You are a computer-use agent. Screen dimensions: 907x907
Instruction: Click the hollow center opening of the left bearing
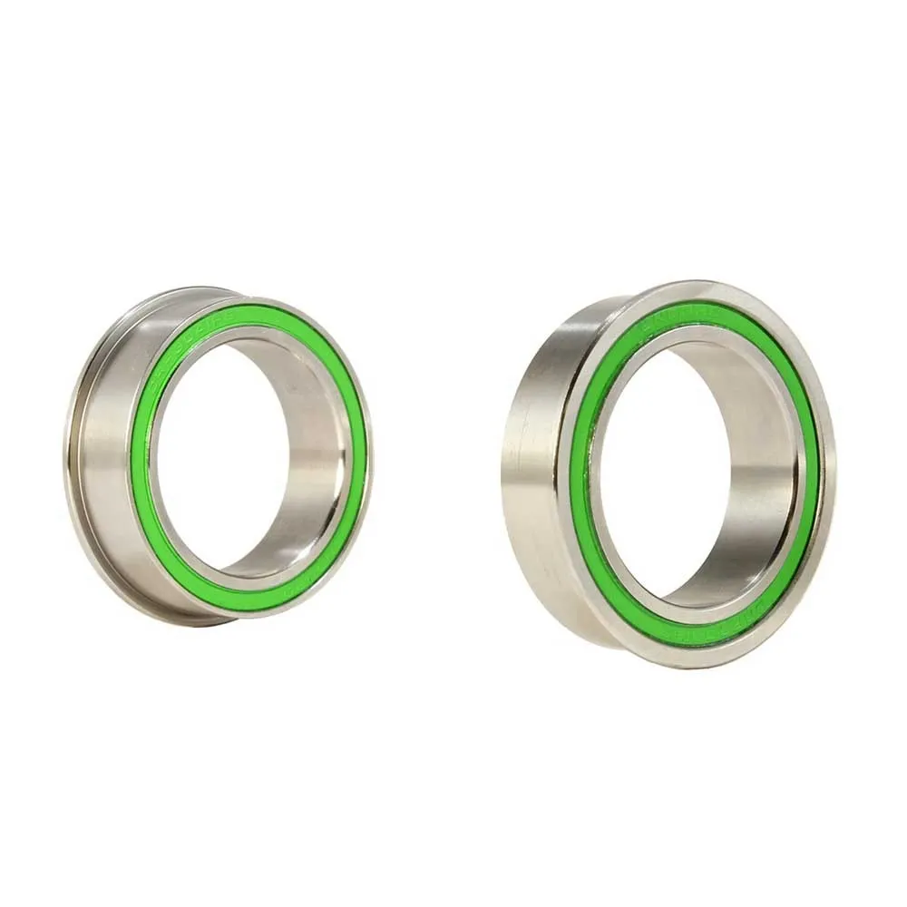pos(218,453)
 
